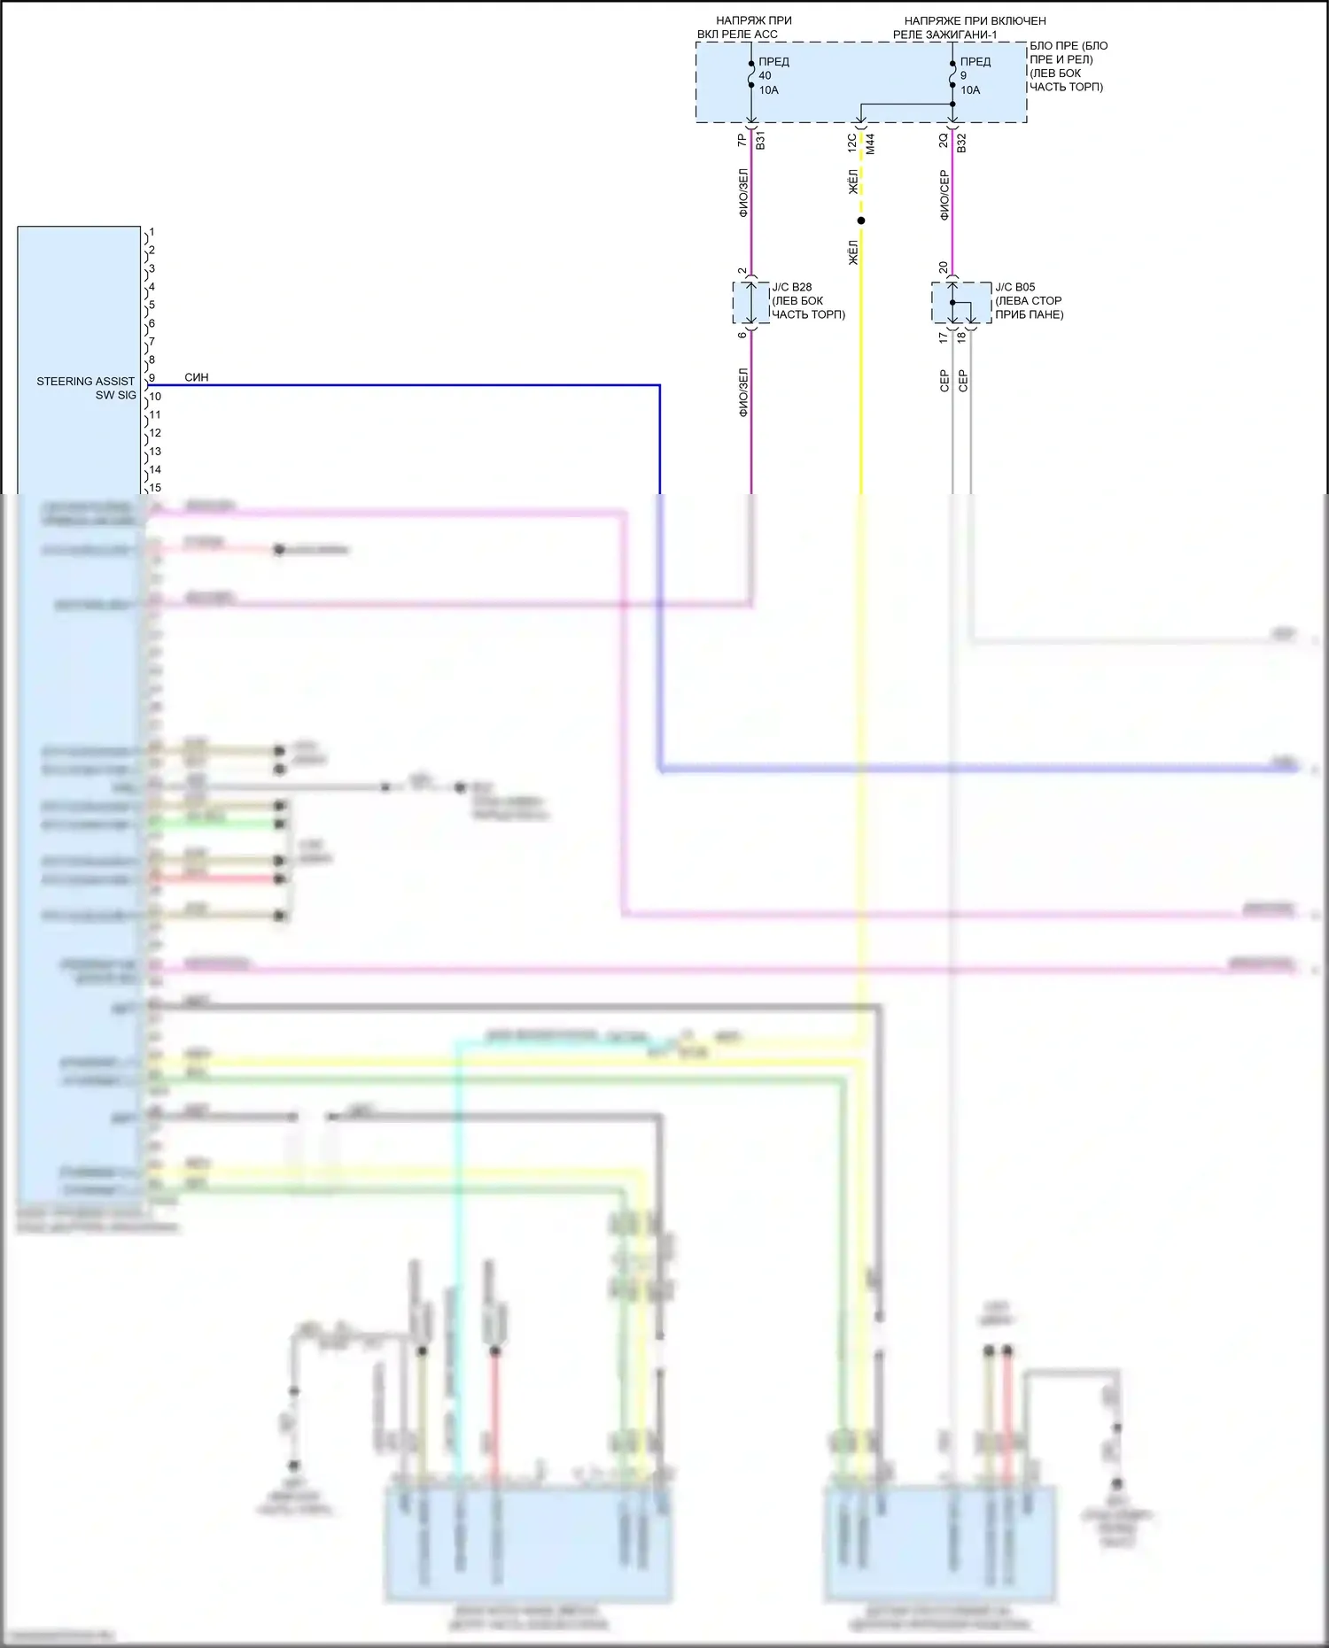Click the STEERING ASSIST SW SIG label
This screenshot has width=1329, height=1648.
86,388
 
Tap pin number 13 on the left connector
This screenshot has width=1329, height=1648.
155,452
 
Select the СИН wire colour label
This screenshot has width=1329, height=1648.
197,377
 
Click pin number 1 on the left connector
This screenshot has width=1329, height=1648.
152,232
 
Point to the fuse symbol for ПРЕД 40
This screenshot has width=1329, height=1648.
751,75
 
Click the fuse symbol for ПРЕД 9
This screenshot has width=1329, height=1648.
952,75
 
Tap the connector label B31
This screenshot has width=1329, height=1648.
760,140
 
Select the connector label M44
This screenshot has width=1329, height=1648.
870,143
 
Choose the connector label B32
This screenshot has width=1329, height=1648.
961,142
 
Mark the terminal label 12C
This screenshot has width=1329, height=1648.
852,142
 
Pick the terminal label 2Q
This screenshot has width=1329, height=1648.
944,140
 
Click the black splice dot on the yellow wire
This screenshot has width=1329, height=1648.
860,221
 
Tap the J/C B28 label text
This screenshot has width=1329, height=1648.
791,287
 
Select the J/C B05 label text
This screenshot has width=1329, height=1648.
1014,287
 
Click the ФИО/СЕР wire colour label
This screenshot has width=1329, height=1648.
944,195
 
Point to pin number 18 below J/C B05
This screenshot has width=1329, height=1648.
961,337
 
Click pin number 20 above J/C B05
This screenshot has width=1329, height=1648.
944,267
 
